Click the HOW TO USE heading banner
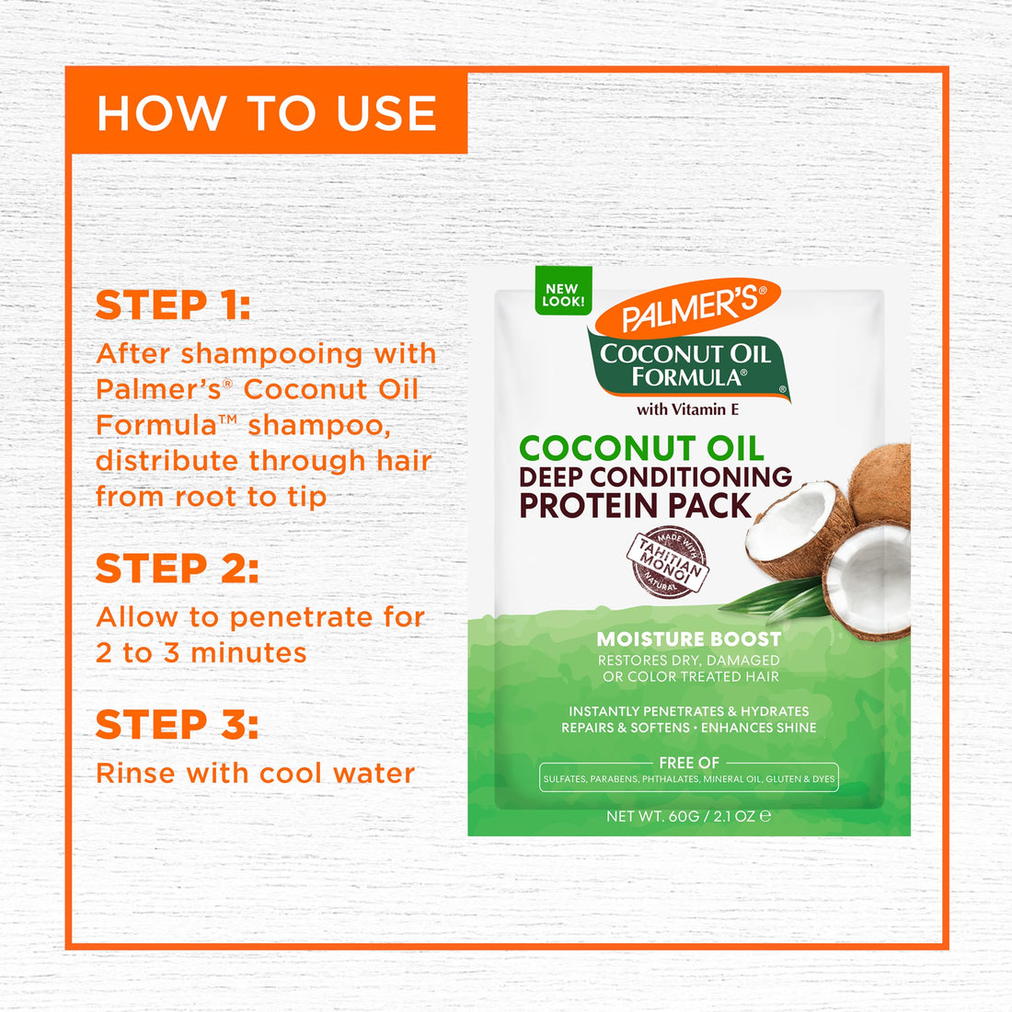pos(267,113)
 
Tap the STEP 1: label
pos(173,305)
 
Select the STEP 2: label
pos(177,569)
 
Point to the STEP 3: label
pos(177,725)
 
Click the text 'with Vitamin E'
pos(687,409)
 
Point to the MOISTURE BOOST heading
pos(688,639)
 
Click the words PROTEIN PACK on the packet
pos(635,506)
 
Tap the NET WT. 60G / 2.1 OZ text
pos(687,816)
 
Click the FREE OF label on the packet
pos(688,763)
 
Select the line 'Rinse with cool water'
pos(255,774)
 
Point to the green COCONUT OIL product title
pos(641,448)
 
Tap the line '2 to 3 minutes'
pos(201,653)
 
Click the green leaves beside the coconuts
pos(773,598)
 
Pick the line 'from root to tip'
pos(211,497)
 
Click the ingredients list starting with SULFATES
pos(688,779)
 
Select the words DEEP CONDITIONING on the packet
pos(655,477)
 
